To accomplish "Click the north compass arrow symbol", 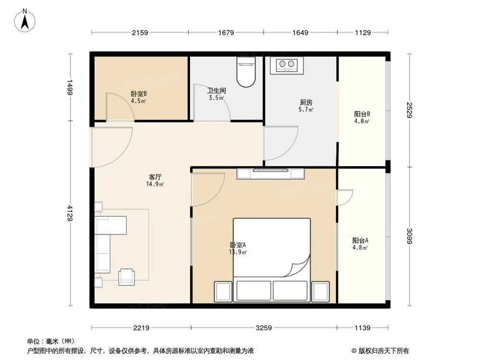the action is click(25, 21).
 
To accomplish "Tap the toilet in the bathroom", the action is click(246, 72).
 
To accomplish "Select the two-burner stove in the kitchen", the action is click(287, 65).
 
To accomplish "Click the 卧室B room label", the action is click(139, 94).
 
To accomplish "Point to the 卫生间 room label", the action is click(216, 91).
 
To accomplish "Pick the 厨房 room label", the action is click(306, 102).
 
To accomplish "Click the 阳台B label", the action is click(362, 114).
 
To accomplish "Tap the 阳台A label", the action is click(360, 240).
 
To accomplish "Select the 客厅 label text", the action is click(155, 177).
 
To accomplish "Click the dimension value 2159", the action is click(140, 33).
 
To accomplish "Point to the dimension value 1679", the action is click(226, 33).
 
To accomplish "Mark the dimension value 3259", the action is click(264, 328).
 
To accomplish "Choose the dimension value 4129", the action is click(70, 213).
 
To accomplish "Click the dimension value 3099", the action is click(409, 236).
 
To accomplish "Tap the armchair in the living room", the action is click(127, 277).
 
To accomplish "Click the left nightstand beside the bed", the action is click(223, 292).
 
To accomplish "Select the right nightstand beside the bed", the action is click(321, 292).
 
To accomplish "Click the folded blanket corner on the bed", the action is click(299, 266).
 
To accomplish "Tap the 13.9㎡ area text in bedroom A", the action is click(238, 252).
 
